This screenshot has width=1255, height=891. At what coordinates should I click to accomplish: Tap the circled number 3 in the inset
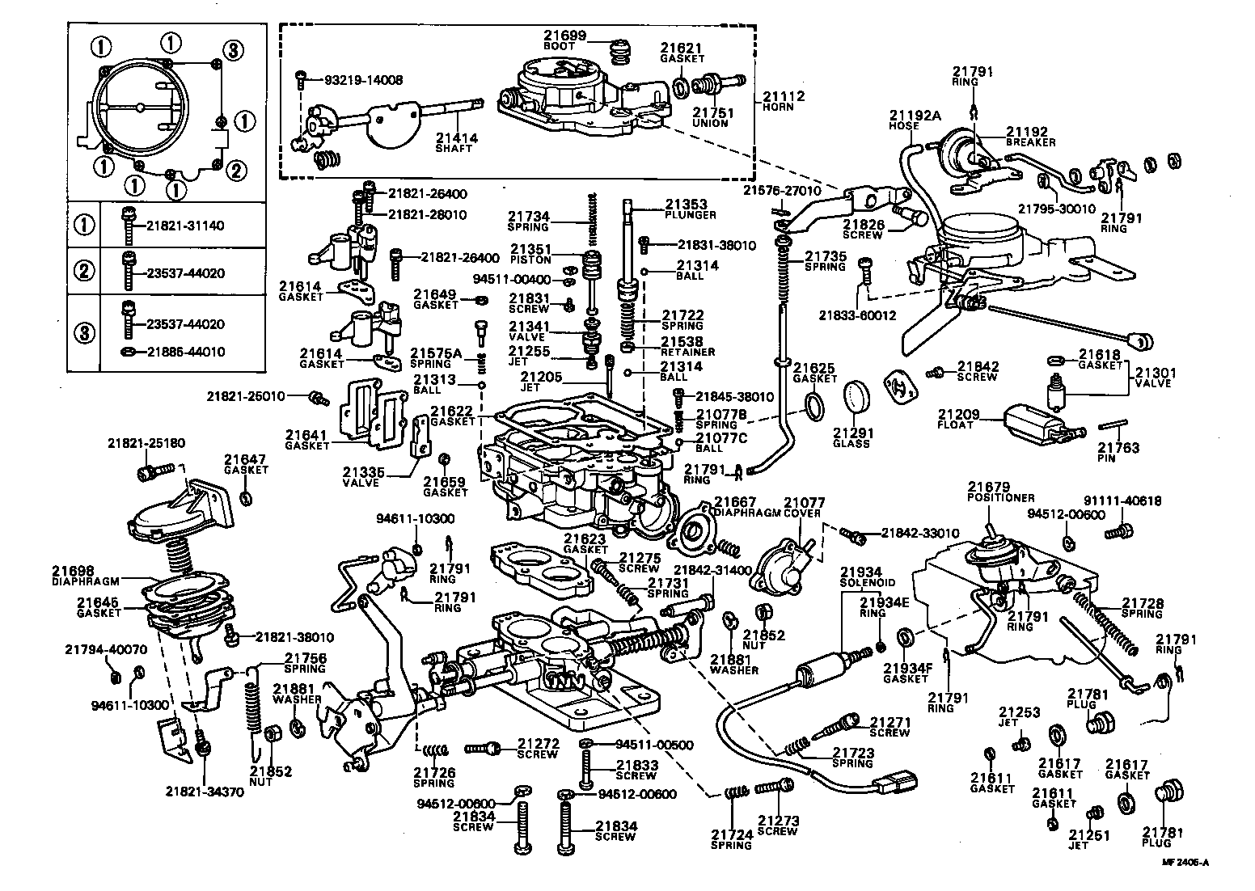tap(232, 50)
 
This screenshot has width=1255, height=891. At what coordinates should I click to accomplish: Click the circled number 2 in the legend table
tap(84, 272)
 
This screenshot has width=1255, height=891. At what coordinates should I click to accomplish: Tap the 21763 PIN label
tap(1118, 452)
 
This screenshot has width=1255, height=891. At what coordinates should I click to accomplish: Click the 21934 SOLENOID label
tap(867, 576)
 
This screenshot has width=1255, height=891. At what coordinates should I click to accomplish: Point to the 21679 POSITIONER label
tap(1000, 492)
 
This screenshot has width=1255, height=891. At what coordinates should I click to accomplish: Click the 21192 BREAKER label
tap(1030, 136)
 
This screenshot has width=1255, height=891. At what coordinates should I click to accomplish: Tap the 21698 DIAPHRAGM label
tap(86, 575)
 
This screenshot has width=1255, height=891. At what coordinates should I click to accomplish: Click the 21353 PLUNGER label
tap(689, 209)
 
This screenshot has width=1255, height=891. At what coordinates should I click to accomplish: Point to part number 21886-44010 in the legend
tap(185, 352)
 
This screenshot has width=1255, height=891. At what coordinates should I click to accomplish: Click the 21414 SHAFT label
tap(456, 143)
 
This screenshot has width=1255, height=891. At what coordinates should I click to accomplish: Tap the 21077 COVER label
tap(801, 507)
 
